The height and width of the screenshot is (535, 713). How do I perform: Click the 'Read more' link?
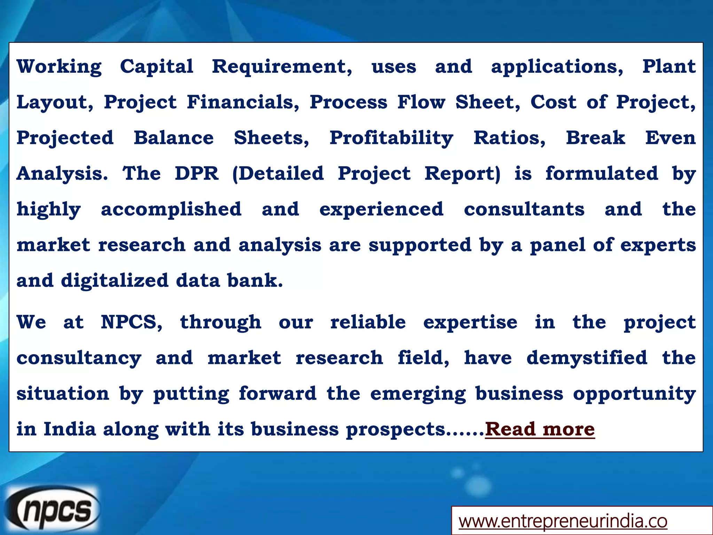pos(540,429)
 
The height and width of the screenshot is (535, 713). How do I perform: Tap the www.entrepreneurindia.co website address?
pos(563,521)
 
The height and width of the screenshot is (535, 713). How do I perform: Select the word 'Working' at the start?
pos(59,67)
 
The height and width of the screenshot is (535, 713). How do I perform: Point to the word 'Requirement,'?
pos(282,67)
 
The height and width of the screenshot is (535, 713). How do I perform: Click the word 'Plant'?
pos(669,67)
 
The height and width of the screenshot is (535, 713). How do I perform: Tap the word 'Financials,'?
pos(243,102)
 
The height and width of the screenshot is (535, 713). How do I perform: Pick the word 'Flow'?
pos(421,102)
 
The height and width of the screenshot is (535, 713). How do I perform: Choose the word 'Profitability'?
pos(391,138)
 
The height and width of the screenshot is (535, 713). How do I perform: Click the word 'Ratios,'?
pos(509,138)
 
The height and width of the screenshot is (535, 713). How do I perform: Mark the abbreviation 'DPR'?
pos(197,173)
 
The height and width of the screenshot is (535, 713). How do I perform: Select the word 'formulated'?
pos(602,173)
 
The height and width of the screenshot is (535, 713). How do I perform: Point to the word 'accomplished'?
pos(171,209)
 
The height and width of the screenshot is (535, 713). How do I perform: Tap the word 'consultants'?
pos(524,209)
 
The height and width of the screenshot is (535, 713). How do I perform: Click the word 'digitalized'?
pos(115,281)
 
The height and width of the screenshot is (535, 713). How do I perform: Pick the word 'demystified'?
pos(587,358)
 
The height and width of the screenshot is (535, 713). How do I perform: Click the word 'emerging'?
pos(418,394)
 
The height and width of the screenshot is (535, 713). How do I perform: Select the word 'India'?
pos(70,429)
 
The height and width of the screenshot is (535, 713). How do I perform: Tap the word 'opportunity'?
pos(634,394)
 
